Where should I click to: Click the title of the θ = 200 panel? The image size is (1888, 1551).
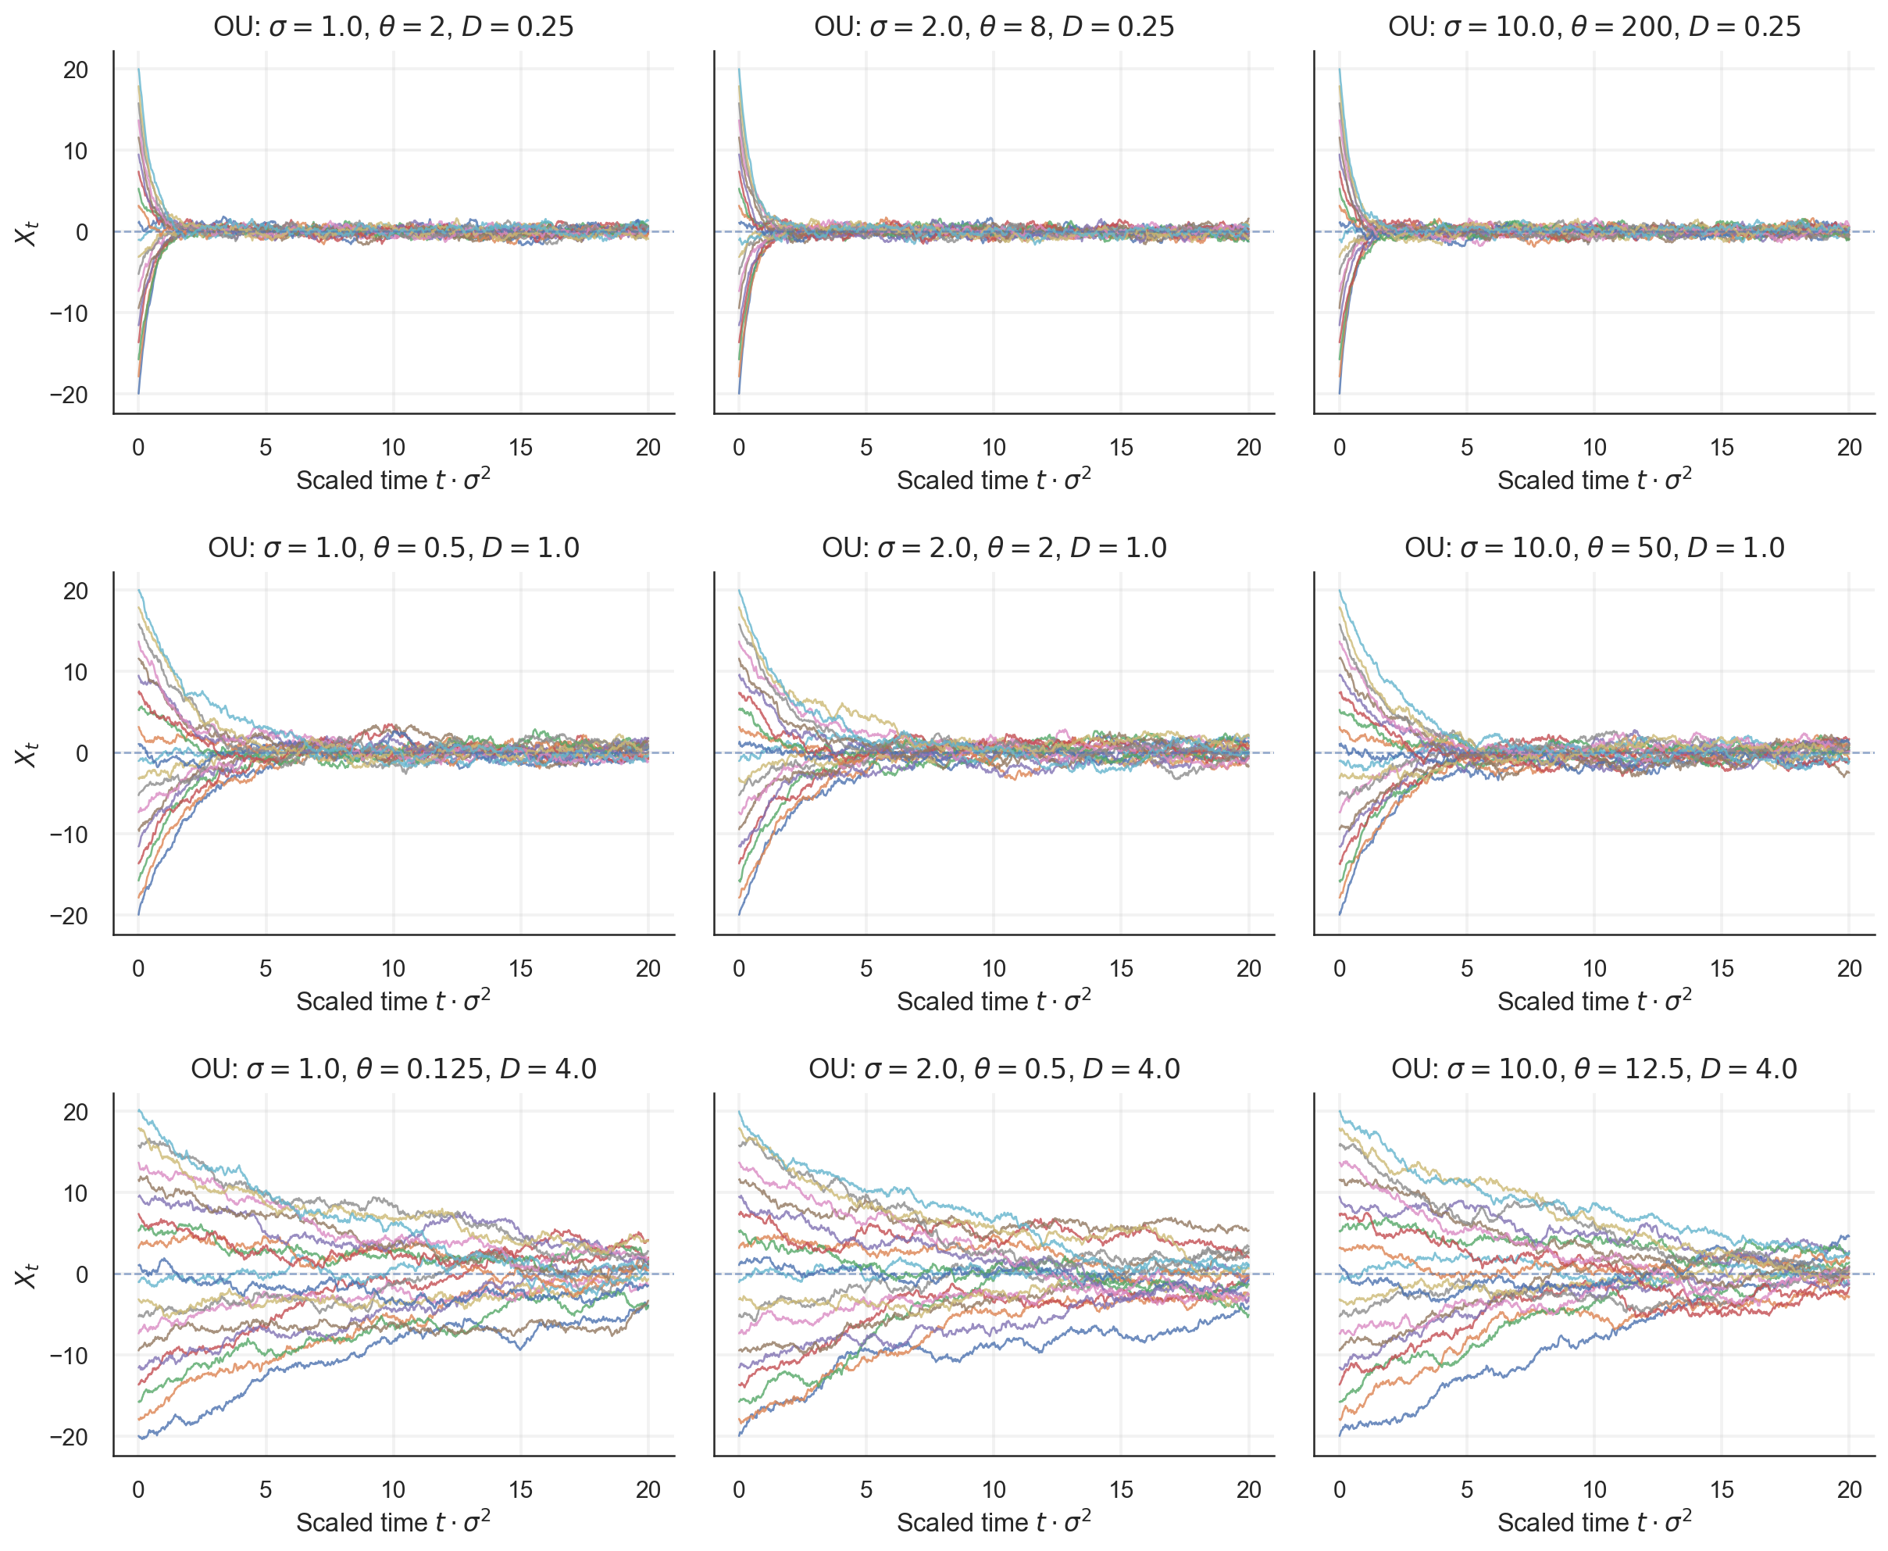(1594, 27)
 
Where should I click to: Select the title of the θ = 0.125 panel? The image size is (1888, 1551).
(393, 1069)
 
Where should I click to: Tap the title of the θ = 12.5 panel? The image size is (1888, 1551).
(1594, 1069)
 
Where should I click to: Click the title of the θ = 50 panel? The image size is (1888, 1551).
(1594, 548)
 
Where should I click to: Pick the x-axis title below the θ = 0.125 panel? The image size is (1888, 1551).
(393, 1521)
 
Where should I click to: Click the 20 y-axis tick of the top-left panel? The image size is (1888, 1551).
(76, 70)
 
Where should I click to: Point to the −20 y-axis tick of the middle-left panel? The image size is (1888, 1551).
(69, 916)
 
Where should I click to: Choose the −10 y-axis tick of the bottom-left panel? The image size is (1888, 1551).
(69, 1356)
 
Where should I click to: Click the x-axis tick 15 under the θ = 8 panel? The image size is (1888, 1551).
(1121, 448)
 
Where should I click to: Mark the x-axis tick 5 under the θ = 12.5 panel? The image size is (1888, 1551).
(1466, 1489)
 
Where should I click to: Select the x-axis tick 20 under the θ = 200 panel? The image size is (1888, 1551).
(1849, 448)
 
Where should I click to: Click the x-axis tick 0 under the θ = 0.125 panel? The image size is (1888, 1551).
(138, 1489)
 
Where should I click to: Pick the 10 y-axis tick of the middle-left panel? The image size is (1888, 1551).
(76, 672)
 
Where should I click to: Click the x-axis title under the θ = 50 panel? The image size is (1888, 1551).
(1594, 1001)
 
